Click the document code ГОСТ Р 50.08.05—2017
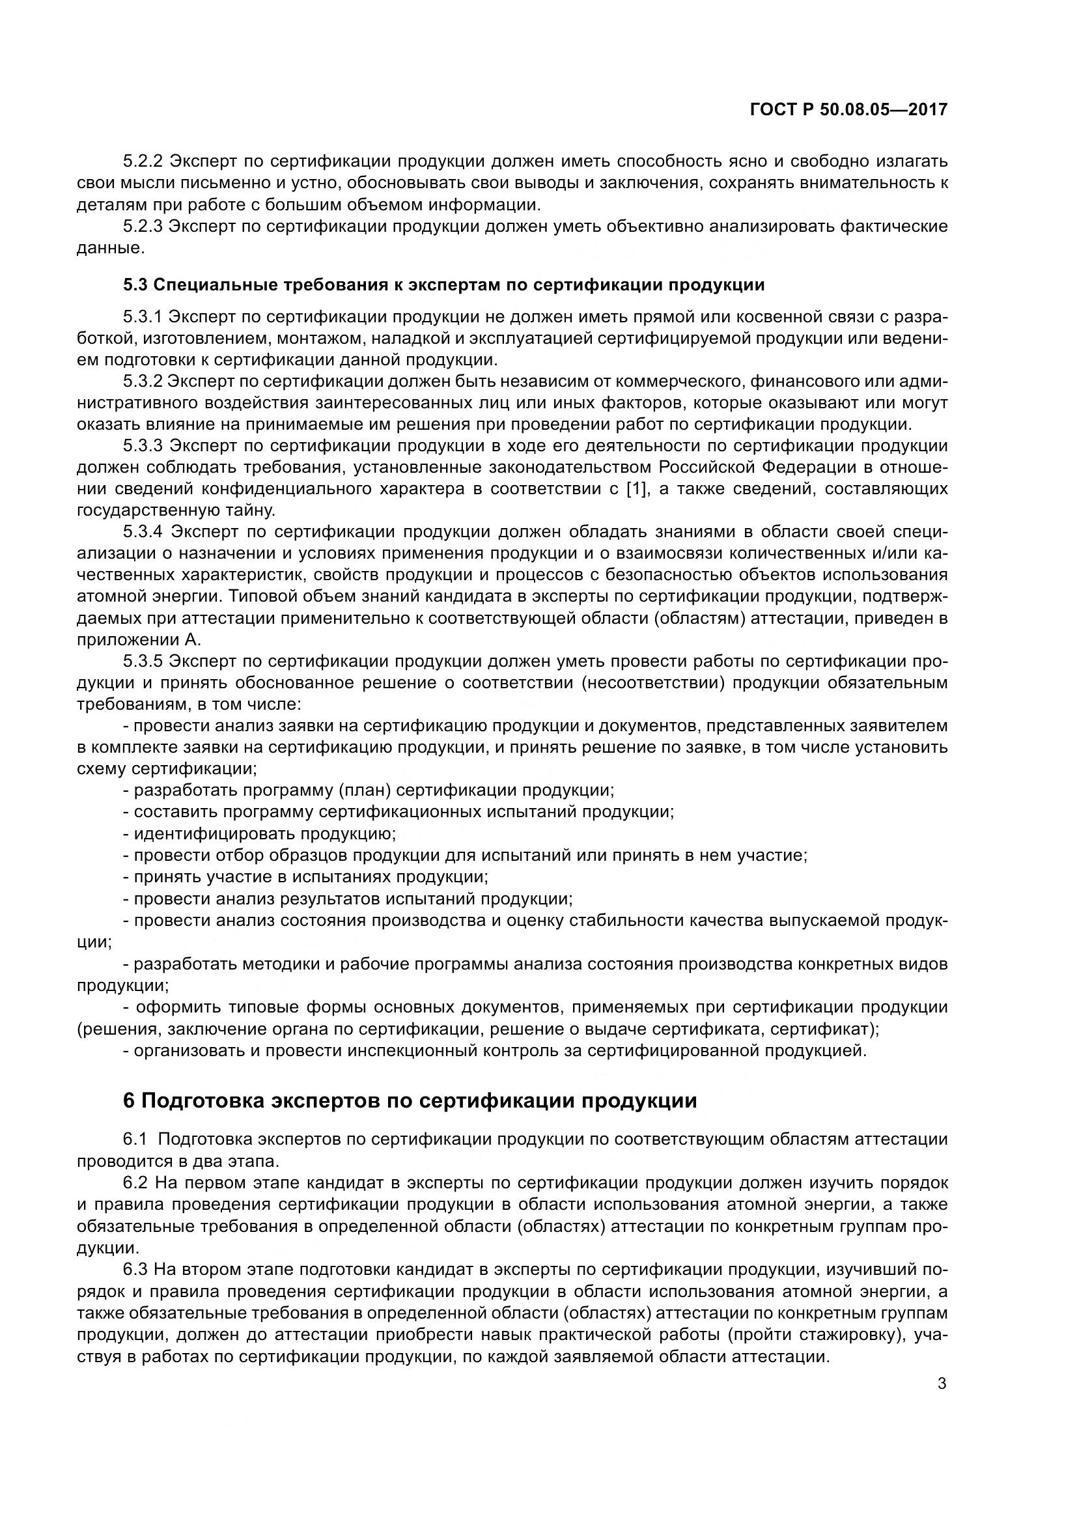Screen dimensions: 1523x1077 (848, 109)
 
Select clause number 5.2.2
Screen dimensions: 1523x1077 (143, 161)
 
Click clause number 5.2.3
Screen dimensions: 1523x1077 (143, 227)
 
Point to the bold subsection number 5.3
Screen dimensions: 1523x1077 (136, 285)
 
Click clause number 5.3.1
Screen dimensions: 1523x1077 (143, 316)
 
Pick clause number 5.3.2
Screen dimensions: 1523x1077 (143, 382)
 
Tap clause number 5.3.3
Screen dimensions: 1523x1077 (143, 446)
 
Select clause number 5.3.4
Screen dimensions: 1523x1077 (143, 532)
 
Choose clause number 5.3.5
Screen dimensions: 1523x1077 (143, 662)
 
